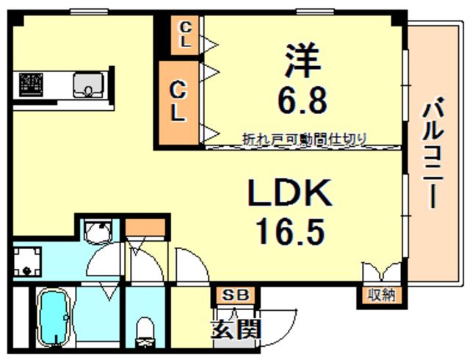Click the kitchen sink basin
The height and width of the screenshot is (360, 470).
point(87,86)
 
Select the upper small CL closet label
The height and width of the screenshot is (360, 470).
point(186,35)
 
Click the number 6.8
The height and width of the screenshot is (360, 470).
point(302,101)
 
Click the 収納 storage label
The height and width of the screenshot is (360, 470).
point(381,295)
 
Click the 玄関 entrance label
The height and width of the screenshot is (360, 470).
point(236,329)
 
